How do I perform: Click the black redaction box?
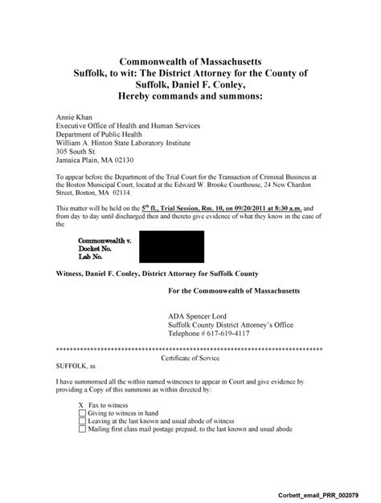click(171, 246)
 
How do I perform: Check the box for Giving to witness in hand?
click(82, 412)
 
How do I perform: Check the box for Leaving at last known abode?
click(82, 420)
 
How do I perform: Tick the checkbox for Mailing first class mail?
click(82, 428)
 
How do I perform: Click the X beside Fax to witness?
click(82, 404)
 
